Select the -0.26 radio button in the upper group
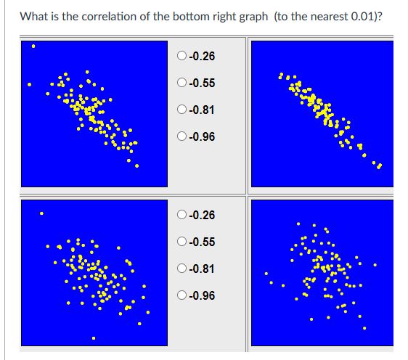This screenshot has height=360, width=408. [181, 57]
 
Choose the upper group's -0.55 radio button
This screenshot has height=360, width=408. [181, 83]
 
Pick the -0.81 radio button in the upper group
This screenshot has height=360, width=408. [181, 110]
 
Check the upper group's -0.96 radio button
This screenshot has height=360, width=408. [181, 137]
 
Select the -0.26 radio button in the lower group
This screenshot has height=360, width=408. [181, 215]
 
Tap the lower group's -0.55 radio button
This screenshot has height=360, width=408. [181, 242]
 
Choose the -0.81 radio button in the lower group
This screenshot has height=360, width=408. [181, 269]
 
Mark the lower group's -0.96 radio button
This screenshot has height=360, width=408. [181, 295]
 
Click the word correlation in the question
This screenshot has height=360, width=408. [113, 15]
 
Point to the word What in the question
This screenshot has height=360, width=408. [35, 15]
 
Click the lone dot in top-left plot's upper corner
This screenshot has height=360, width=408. [33, 49]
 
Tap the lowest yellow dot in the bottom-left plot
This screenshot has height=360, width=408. [94, 337]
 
